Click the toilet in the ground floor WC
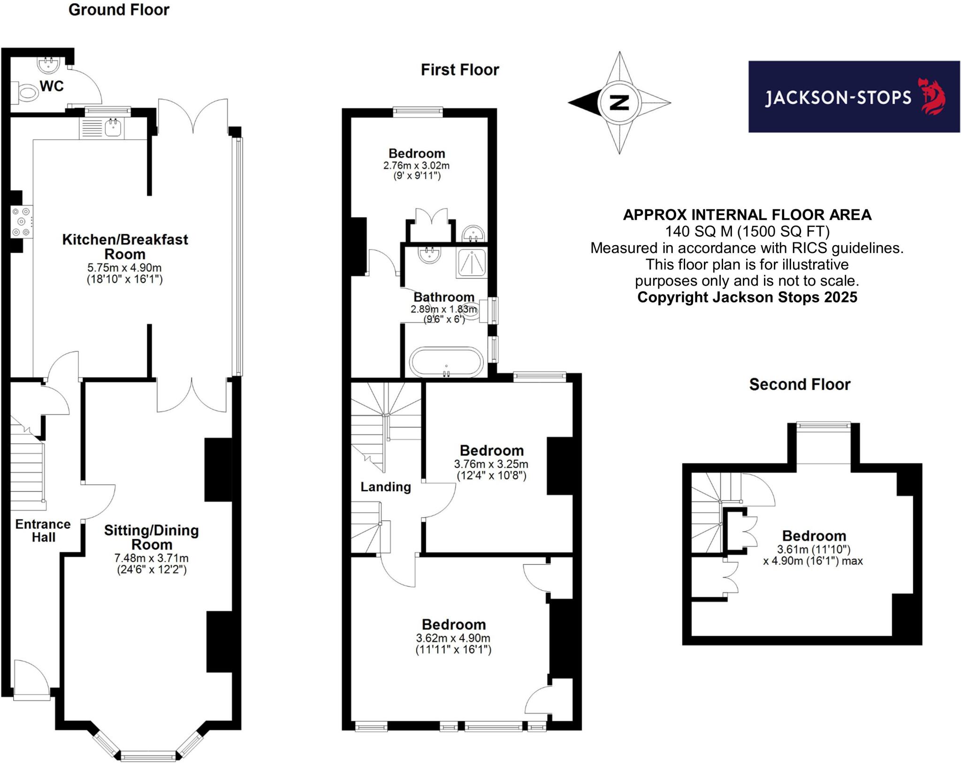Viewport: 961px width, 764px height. click(x=26, y=93)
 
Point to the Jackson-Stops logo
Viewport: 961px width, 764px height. click(x=854, y=97)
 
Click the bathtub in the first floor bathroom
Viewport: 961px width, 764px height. click(x=446, y=362)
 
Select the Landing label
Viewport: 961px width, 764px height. click(x=385, y=487)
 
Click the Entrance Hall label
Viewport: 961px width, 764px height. click(x=43, y=531)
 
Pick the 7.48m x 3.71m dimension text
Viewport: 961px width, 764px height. click(x=151, y=558)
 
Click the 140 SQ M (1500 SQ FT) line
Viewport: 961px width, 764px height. click(x=747, y=232)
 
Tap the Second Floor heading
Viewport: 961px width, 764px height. click(x=799, y=385)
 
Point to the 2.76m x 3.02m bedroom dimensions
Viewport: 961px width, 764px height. click(x=416, y=165)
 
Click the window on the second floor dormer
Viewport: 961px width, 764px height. click(x=824, y=425)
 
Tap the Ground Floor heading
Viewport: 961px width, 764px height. click(x=119, y=10)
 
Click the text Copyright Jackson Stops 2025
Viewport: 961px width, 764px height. click(x=747, y=297)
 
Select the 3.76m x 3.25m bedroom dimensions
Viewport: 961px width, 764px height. click(x=491, y=464)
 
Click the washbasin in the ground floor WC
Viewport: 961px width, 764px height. click(x=48, y=65)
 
